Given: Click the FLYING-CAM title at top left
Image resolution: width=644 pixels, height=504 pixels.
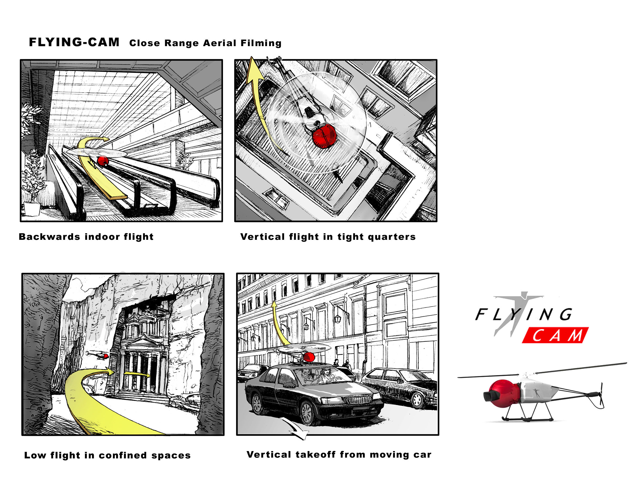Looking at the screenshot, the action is point(74,42).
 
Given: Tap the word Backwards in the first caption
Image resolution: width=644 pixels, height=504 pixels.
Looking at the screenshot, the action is point(49,237).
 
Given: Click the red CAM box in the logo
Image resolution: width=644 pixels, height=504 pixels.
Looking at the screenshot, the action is point(555,335).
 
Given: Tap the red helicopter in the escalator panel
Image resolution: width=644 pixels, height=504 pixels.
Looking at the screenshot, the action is point(103,161).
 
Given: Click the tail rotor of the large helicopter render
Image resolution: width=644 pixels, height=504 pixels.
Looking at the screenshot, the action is point(601,394).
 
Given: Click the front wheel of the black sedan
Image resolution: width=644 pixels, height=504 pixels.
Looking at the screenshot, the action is point(307,413).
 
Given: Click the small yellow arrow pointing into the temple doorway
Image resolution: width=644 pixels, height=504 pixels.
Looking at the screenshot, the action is point(137,374).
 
